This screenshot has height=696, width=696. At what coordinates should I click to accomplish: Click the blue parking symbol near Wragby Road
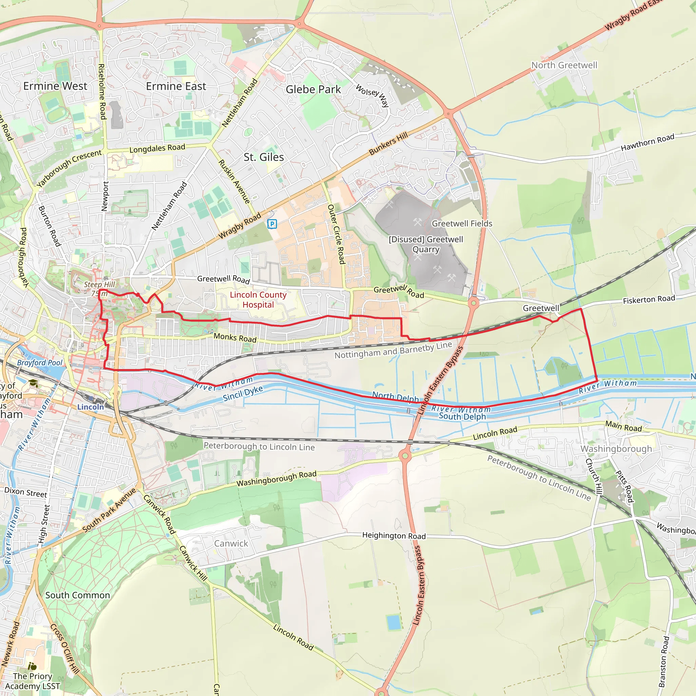272,224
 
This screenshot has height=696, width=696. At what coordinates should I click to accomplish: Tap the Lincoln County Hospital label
258,300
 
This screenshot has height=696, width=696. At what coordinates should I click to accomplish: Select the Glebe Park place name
313,89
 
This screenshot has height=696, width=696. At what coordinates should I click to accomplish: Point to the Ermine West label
55,86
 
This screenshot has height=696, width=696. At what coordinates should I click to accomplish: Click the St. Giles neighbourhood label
264,157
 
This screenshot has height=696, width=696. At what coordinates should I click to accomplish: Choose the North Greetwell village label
564,65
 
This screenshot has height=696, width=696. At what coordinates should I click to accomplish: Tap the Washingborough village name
616,449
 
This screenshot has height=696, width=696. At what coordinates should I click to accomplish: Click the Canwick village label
231,543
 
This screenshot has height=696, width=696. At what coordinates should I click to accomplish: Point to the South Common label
77,595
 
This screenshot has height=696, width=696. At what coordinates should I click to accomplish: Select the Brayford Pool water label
40,363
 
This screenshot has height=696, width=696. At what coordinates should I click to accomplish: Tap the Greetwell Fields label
462,224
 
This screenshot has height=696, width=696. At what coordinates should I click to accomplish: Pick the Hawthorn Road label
647,143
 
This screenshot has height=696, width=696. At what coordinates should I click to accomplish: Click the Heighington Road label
394,536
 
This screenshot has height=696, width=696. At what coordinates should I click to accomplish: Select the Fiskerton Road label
649,299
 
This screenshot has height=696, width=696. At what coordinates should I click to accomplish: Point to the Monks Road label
235,337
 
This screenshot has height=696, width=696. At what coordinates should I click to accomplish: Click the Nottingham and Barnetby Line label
393,350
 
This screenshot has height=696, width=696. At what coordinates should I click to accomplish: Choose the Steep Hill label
99,284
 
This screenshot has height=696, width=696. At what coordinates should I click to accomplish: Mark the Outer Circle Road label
336,234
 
